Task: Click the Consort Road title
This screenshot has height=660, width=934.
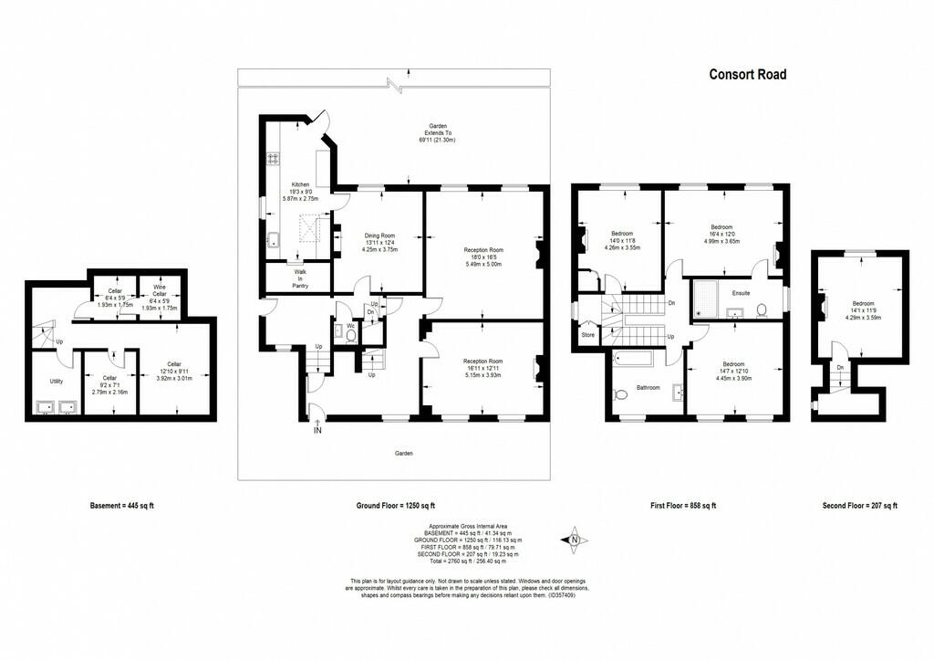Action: pyautogui.click(x=747, y=74)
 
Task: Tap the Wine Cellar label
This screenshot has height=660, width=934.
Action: pyautogui.click(x=160, y=290)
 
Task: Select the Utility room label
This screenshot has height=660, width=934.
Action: pyautogui.click(x=56, y=381)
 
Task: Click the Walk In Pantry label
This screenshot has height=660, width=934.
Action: pyautogui.click(x=300, y=278)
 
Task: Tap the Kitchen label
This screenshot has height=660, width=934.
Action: pyautogui.click(x=300, y=183)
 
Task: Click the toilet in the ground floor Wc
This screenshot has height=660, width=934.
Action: pyautogui.click(x=352, y=335)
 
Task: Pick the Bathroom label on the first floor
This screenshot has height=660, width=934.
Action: pyautogui.click(x=648, y=388)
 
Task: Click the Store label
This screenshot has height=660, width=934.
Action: pyautogui.click(x=587, y=335)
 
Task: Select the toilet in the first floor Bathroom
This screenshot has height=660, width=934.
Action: pyautogui.click(x=621, y=395)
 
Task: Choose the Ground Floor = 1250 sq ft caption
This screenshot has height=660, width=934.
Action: pyautogui.click(x=395, y=505)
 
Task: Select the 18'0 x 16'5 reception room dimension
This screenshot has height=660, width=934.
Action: pyautogui.click(x=483, y=258)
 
